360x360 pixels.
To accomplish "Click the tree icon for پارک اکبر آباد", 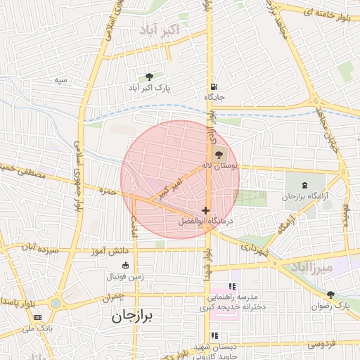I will pos(149,77).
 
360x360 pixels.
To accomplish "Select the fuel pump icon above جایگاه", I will pos(212,87).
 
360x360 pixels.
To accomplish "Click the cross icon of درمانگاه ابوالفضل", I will pos(205,210).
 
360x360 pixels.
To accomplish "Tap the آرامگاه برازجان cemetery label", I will pos(306,196).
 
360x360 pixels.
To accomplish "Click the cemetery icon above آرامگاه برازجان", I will pos(304,184).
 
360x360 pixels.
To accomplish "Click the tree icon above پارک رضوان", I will pos(330,295).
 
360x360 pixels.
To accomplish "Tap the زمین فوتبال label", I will pos(124,276).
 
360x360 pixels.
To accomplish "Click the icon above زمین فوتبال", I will pos(126,265).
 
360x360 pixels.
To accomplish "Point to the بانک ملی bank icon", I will pos(37,317).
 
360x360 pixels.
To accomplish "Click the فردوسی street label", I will pos(323,344).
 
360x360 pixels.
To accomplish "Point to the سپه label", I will pos(62,79).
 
